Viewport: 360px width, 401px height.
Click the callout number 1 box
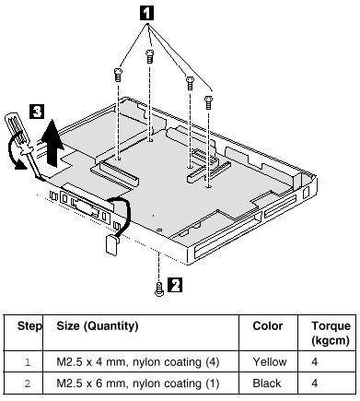pos(146,13)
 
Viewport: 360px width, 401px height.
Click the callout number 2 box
pos(175,285)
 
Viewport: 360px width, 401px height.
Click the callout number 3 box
pos(37,112)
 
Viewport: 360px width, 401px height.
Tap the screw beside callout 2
pos(159,289)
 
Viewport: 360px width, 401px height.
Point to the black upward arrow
pos(53,142)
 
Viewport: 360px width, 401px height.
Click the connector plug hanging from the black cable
pos(111,244)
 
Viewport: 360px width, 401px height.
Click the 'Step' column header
pos(29,326)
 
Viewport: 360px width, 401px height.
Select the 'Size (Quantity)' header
pos(98,326)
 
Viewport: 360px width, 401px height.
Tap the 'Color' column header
pos(268,326)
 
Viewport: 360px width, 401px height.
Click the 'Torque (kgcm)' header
pos(331,333)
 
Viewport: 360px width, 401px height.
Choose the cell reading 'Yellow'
pos(270,362)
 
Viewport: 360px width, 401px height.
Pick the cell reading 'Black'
pos(267,383)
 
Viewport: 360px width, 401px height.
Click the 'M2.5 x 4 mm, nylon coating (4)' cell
pos(138,362)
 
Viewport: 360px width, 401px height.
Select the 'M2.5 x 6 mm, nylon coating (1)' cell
pos(138,383)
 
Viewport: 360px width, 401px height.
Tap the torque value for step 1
pos(315,362)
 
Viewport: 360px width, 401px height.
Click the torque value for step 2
pos(315,383)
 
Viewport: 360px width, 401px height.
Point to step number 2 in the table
pos(28,383)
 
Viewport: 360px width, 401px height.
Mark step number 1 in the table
pos(28,362)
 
